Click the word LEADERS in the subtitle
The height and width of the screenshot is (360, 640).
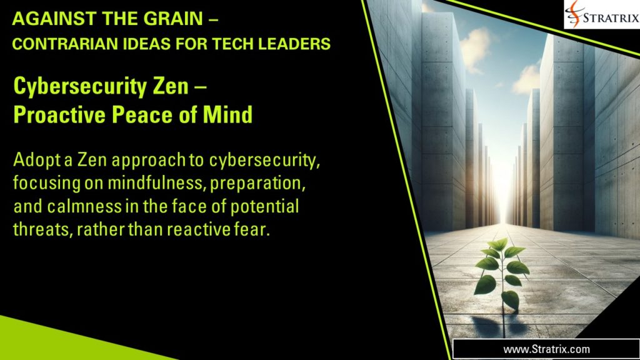pos(297,44)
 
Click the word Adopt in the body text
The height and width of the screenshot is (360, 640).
pos(33,161)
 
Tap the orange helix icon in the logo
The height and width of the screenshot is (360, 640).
pos(576,14)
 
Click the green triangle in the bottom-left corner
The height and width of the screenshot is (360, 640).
pos(50,344)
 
